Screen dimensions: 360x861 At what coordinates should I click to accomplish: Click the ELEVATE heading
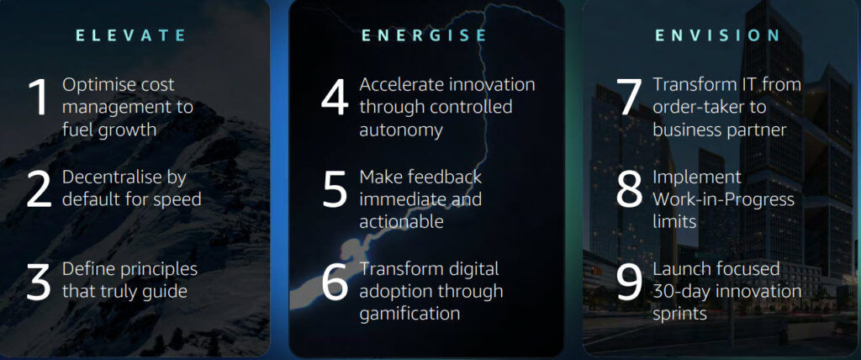130,35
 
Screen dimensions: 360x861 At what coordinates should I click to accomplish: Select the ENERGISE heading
425,35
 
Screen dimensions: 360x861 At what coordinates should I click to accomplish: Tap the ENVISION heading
717,35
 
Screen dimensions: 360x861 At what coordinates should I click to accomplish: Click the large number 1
39,98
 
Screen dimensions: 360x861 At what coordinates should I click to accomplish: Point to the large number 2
39,190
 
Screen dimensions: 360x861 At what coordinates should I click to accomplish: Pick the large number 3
39,282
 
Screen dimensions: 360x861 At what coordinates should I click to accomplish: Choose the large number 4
335,98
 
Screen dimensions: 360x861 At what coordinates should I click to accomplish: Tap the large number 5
335,190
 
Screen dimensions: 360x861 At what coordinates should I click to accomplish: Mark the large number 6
335,282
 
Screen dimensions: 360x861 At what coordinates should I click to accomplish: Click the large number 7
628,98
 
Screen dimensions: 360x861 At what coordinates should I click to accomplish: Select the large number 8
629,190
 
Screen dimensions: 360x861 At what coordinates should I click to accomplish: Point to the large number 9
629,282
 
